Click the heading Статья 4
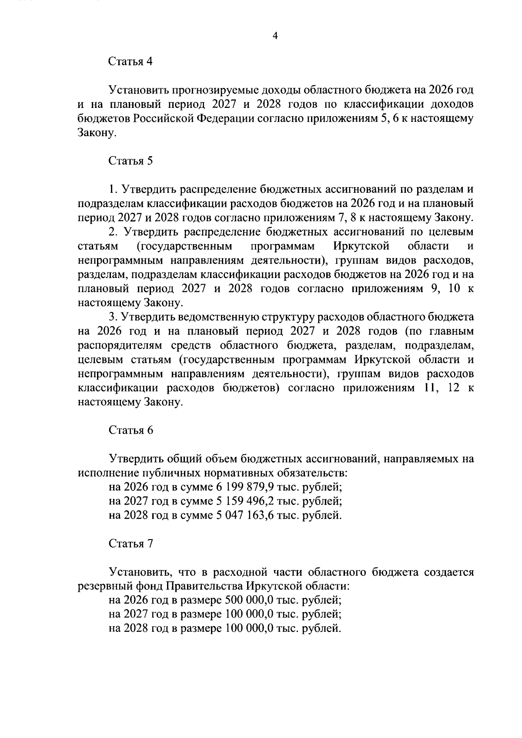130,61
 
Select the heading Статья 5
130,161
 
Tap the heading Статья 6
130,430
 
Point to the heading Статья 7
130,543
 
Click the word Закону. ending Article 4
97,133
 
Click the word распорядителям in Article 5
119,346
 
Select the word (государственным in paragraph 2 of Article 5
184,246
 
